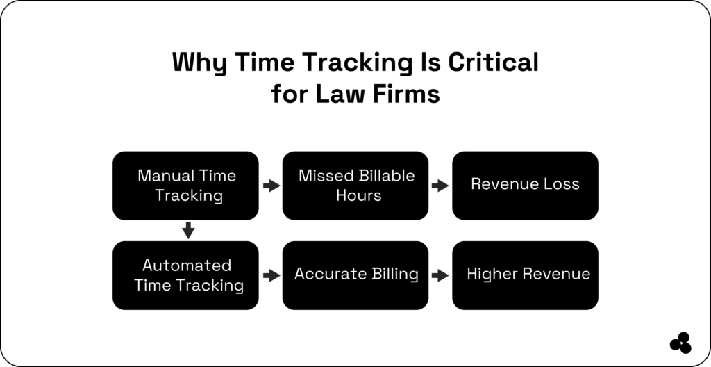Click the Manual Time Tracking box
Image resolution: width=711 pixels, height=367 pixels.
pyautogui.click(x=185, y=186)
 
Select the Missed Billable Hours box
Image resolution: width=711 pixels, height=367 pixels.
pyautogui.click(x=355, y=186)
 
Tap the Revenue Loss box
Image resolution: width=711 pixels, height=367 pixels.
pyautogui.click(x=525, y=186)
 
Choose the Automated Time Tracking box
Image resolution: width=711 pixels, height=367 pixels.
pyautogui.click(x=185, y=275)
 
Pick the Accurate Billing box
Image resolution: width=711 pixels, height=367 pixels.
pyautogui.click(x=355, y=275)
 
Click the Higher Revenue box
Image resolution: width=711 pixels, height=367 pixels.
pyautogui.click(x=525, y=275)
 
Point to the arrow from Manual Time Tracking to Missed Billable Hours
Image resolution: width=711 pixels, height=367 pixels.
pyautogui.click(x=271, y=186)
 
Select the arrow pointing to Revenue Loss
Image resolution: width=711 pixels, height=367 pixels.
pyautogui.click(x=440, y=186)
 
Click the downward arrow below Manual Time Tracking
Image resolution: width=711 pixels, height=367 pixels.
pyautogui.click(x=187, y=230)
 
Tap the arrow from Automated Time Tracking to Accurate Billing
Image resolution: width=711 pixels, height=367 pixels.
pyautogui.click(x=271, y=275)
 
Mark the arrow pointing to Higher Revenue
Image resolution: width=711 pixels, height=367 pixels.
pyautogui.click(x=440, y=275)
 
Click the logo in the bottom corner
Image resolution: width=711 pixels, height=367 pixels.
pyautogui.click(x=680, y=343)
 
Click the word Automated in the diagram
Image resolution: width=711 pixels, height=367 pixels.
pyautogui.click(x=187, y=266)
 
